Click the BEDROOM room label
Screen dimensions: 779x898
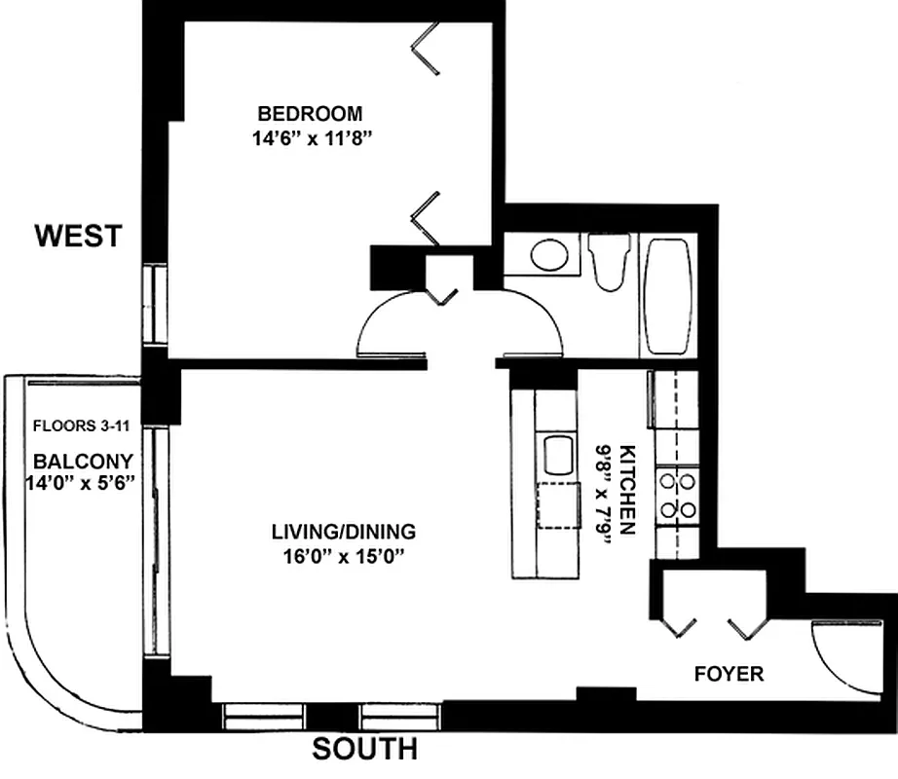click(310, 112)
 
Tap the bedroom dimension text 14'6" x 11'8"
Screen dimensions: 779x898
click(312, 137)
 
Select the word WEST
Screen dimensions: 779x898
click(79, 236)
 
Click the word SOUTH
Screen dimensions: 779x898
click(364, 750)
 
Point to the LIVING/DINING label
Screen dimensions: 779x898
click(344, 532)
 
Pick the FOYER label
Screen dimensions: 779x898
click(729, 674)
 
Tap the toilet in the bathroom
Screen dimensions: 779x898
click(611, 262)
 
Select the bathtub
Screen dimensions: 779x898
click(668, 295)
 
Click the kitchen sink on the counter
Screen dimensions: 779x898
click(558, 455)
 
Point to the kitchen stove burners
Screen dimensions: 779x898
click(677, 494)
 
